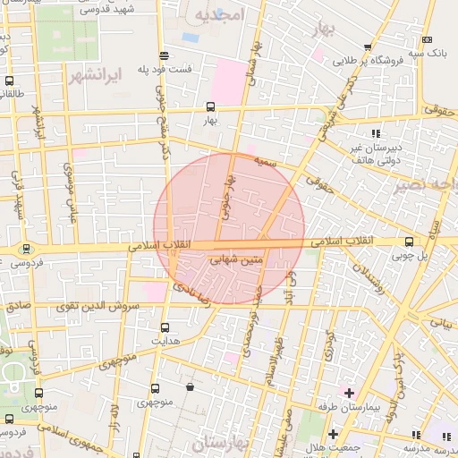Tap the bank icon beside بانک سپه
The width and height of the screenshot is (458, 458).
pyautogui.click(x=428, y=40)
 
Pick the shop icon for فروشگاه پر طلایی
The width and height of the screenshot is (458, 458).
pyautogui.click(x=367, y=47)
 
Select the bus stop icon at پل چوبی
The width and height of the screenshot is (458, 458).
pyautogui.click(x=410, y=242)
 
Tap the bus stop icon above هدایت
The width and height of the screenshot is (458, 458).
pyautogui.click(x=165, y=327)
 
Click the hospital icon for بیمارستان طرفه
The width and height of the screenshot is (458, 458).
pyautogui.click(x=349, y=393)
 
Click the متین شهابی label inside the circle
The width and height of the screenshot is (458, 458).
pyautogui.click(x=235, y=260)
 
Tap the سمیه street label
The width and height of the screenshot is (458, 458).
pyautogui.click(x=262, y=162)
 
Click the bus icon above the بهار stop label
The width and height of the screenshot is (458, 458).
pyautogui.click(x=211, y=106)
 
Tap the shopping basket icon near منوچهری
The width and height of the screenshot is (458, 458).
pyautogui.click(x=191, y=387)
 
